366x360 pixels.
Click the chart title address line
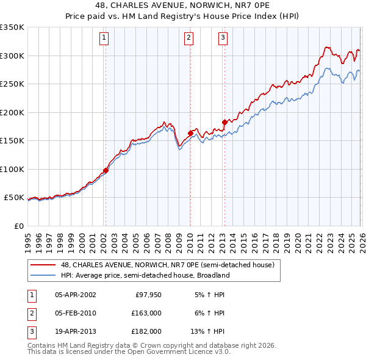[x=183, y=6]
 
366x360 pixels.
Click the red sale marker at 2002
[x=106, y=171]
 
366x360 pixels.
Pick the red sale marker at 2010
[x=190, y=133]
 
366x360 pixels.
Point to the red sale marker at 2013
[x=224, y=123]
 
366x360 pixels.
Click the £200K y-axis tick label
[x=12, y=112]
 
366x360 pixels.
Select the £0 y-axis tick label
[x=18, y=226]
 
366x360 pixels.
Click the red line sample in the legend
[x=43, y=265]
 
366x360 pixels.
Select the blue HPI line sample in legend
[x=43, y=275]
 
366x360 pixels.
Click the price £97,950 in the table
[x=148, y=295]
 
